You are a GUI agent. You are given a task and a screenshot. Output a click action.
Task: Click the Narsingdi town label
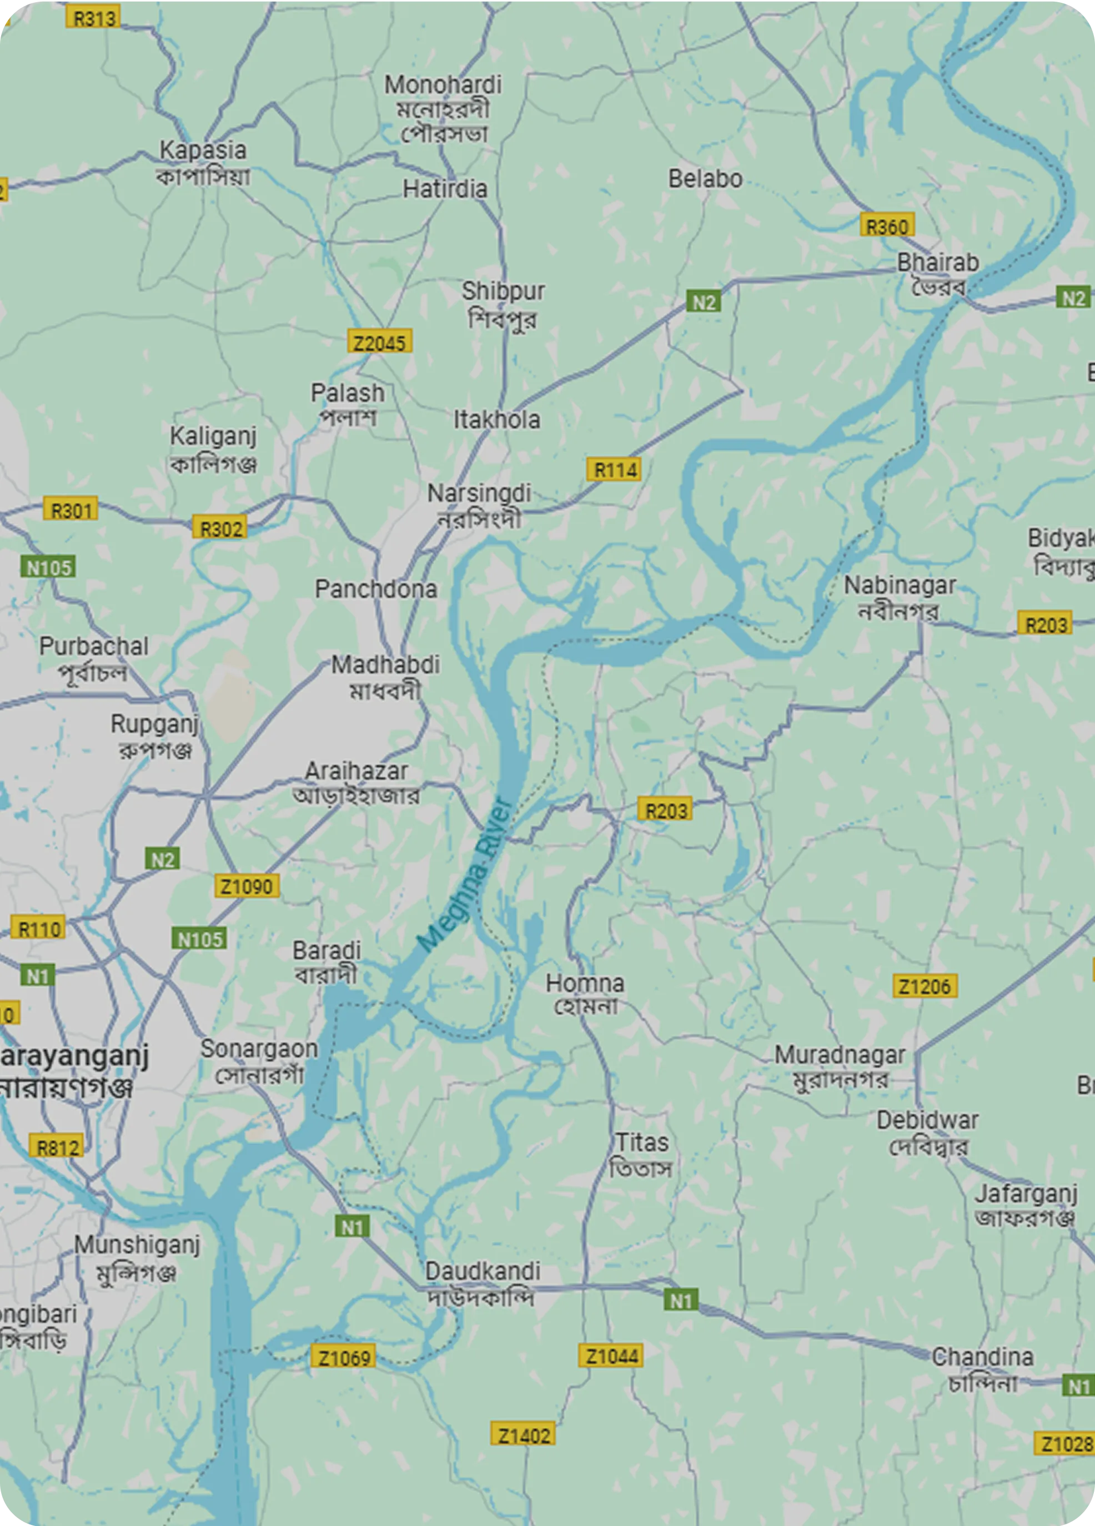[x=479, y=505]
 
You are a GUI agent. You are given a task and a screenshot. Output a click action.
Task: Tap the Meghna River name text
[x=464, y=875]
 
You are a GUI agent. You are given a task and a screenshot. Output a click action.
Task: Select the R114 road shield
[x=613, y=470]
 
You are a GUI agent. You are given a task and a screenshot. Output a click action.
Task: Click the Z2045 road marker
[x=380, y=343]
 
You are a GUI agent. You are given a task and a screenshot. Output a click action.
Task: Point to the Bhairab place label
[x=937, y=273]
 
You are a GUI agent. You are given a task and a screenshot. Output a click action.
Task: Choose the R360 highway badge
[x=887, y=226]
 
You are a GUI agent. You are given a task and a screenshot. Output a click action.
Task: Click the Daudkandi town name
[x=482, y=1282]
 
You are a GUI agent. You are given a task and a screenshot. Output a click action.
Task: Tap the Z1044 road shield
[x=610, y=1356]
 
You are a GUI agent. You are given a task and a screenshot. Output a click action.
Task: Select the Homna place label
[x=585, y=993]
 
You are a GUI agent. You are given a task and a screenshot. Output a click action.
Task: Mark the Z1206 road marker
[x=925, y=986]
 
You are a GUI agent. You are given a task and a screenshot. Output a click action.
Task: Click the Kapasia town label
[x=203, y=162]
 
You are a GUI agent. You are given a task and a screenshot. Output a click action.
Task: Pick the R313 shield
[x=93, y=18]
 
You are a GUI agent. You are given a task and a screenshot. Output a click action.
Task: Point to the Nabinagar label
[x=900, y=596]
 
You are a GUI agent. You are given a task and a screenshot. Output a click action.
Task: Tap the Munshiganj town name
[x=137, y=1256]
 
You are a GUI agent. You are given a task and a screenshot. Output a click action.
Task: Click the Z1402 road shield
[x=523, y=1436]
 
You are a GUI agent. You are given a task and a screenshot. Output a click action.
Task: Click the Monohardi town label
[x=443, y=108]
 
